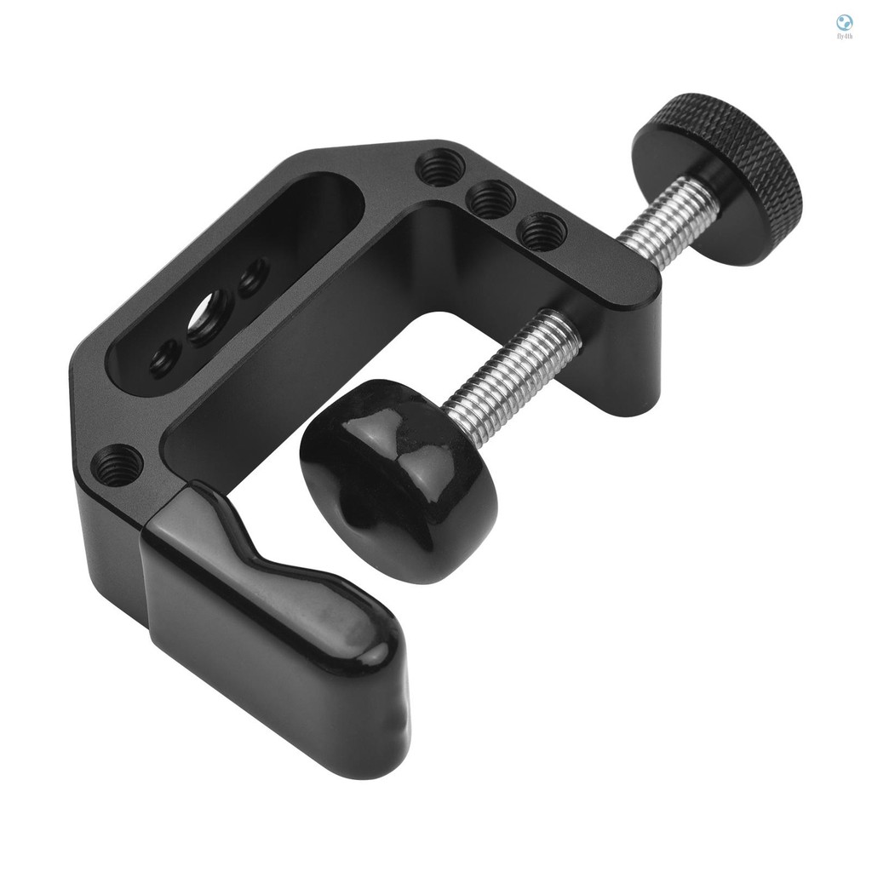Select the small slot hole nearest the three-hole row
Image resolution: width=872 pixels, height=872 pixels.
(253, 278)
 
